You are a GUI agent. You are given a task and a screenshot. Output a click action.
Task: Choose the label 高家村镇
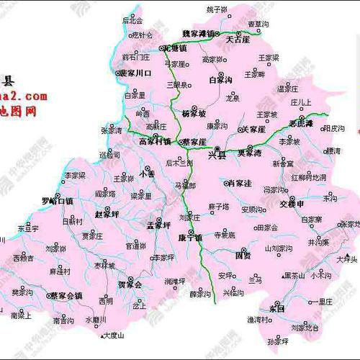[155, 141]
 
